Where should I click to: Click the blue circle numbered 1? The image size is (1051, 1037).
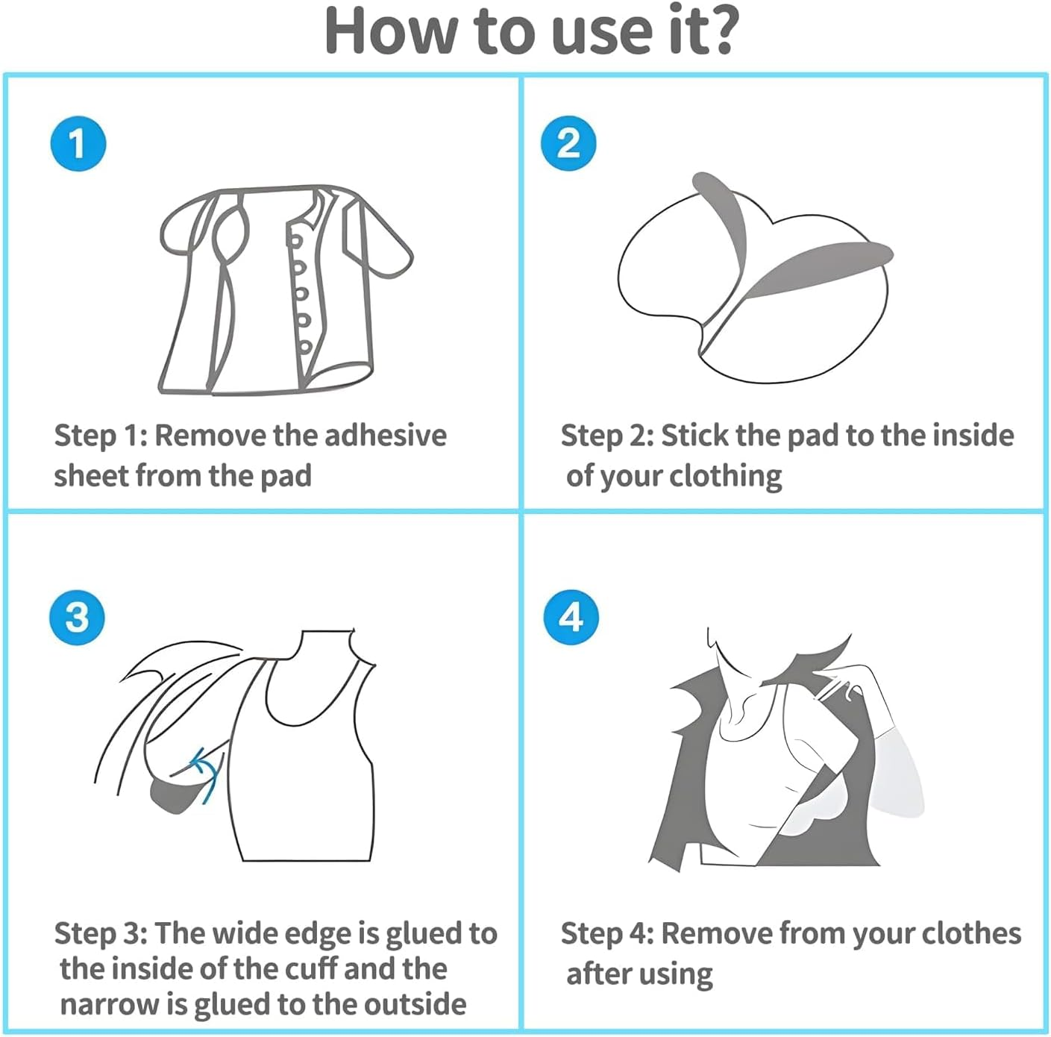coord(78,143)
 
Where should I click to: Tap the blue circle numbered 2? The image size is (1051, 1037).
coord(568,143)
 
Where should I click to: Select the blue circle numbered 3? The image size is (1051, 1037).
coord(78,618)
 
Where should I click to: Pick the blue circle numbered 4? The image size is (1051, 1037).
coord(571,618)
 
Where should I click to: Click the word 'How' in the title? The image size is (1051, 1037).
coord(390,31)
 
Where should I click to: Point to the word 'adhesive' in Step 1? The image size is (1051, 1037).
coord(386,435)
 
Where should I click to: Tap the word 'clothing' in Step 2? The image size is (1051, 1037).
coord(725,476)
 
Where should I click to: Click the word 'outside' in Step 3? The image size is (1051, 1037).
coord(415,1004)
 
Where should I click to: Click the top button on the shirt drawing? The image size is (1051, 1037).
coord(295,241)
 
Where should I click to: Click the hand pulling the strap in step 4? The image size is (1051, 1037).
coord(843,683)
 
